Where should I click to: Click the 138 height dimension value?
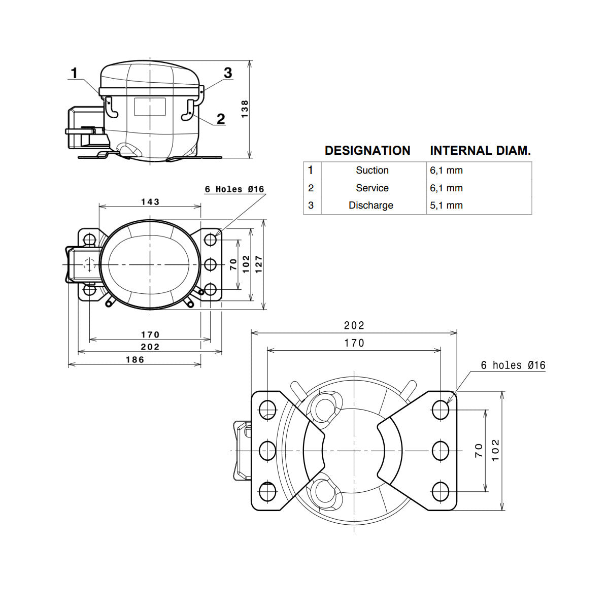245,109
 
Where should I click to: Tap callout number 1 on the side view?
74,73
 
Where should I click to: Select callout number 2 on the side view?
221,119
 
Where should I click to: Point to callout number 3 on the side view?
228,73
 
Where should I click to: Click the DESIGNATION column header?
367,150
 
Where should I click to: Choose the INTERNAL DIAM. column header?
480,150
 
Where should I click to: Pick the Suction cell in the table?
372,171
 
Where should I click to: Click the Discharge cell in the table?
370,205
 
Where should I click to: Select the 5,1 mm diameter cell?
446,206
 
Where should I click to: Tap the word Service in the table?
372,188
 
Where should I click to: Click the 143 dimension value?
150,201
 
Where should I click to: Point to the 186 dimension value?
135,360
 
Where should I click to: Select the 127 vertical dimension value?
259,264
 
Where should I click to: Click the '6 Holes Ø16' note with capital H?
234,189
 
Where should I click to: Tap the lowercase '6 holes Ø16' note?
513,365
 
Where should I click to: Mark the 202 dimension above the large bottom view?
354,325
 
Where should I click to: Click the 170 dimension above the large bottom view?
354,343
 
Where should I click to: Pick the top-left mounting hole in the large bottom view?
267,410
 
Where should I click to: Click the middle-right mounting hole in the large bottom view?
440,451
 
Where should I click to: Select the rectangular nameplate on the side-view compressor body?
150,107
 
